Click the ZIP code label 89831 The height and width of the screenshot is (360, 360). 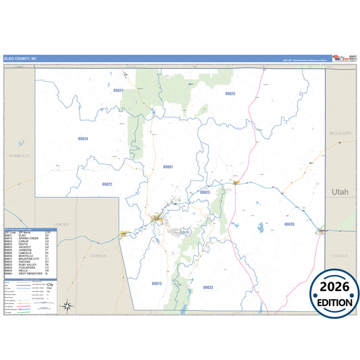tap(118, 90)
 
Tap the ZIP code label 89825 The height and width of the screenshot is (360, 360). tap(230, 93)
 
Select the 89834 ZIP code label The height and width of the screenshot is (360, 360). tap(83, 138)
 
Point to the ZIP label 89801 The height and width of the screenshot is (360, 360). tap(168, 166)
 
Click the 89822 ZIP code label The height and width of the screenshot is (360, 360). tap(107, 184)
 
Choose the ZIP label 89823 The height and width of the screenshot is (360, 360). tap(205, 192)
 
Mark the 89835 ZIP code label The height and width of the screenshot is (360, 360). tap(290, 224)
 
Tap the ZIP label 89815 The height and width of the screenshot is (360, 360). tap(157, 283)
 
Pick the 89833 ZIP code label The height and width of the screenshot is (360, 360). tap(208, 287)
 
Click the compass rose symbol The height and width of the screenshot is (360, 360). tap(68, 305)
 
